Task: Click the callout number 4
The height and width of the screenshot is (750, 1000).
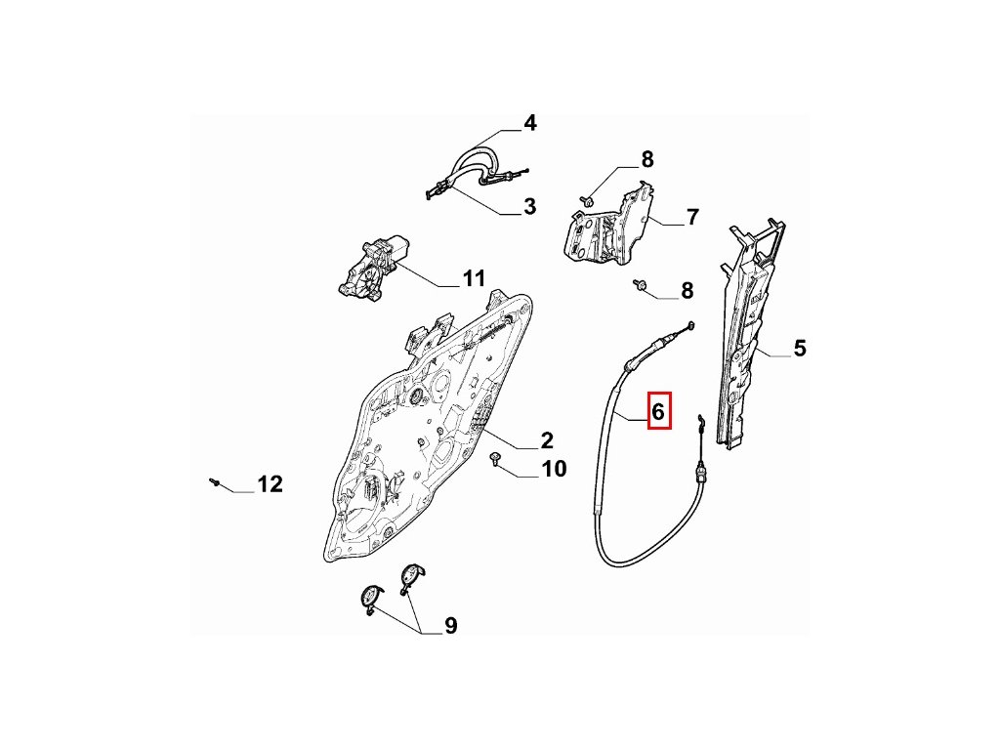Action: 529,123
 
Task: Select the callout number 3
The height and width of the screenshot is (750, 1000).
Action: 529,207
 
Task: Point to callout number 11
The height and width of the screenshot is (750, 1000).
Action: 473,279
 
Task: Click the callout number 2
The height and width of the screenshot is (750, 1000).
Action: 546,440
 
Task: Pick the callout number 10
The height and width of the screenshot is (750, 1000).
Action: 553,470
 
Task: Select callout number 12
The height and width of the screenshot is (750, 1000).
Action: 270,483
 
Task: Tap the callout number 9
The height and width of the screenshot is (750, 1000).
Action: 450,626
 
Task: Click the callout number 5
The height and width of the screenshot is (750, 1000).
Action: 799,348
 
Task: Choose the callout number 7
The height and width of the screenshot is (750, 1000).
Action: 692,217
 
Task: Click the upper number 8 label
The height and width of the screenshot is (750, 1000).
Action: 646,160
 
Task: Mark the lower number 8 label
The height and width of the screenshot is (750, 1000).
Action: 687,290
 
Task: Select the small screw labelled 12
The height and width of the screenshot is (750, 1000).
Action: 213,480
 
